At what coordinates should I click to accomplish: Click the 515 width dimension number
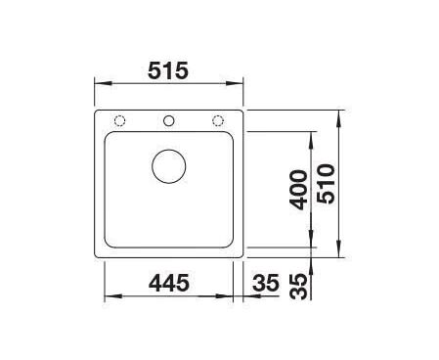(168, 70)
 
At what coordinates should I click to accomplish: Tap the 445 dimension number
(169, 283)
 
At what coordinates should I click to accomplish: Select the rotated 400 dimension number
(298, 190)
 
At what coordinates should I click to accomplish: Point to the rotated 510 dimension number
(327, 184)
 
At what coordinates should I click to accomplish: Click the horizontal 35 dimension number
(266, 283)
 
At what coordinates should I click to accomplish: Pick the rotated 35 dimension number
(298, 287)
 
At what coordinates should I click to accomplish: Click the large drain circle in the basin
(169, 166)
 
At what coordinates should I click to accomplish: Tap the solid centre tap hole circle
(168, 121)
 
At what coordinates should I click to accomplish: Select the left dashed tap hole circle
(119, 121)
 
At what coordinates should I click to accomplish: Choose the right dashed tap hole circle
(218, 121)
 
